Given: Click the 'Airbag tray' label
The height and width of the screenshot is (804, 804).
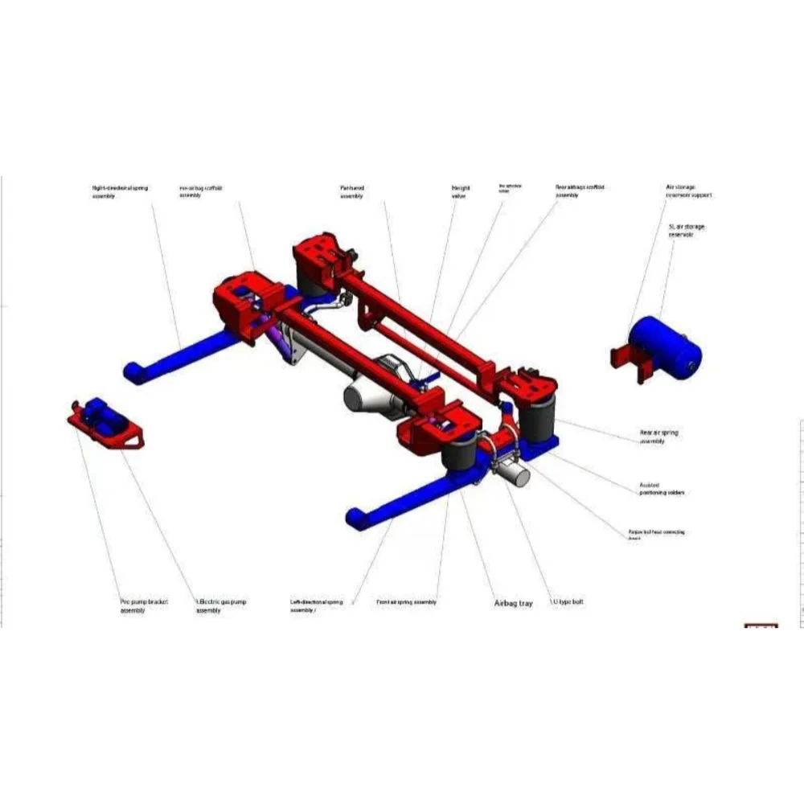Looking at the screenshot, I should (513, 603).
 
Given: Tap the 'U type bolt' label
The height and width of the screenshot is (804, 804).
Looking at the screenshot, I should (567, 602).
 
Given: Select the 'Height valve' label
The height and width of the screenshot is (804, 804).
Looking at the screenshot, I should (461, 191).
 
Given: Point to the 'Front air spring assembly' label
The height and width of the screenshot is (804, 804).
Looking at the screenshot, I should (406, 602).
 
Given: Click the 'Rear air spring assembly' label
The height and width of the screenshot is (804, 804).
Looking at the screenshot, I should (658, 437).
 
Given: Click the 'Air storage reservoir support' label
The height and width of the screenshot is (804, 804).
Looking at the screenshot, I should (688, 191).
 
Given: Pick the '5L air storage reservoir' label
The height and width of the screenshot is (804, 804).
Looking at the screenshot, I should (687, 231).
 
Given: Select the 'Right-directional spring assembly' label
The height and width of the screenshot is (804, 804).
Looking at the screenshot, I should (120, 191).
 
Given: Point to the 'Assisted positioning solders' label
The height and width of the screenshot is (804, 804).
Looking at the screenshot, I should (662, 489).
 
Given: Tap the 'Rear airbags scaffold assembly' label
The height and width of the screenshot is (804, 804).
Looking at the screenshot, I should (578, 191).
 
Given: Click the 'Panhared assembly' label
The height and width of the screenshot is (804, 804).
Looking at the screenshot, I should (352, 191).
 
